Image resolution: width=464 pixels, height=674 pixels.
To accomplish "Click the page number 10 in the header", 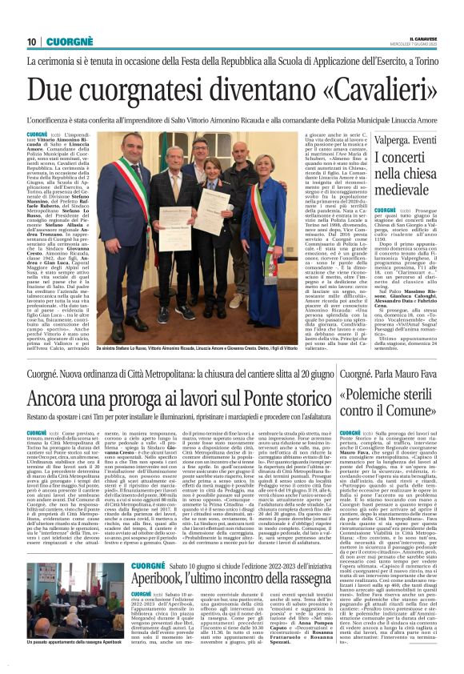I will point(33,41).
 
